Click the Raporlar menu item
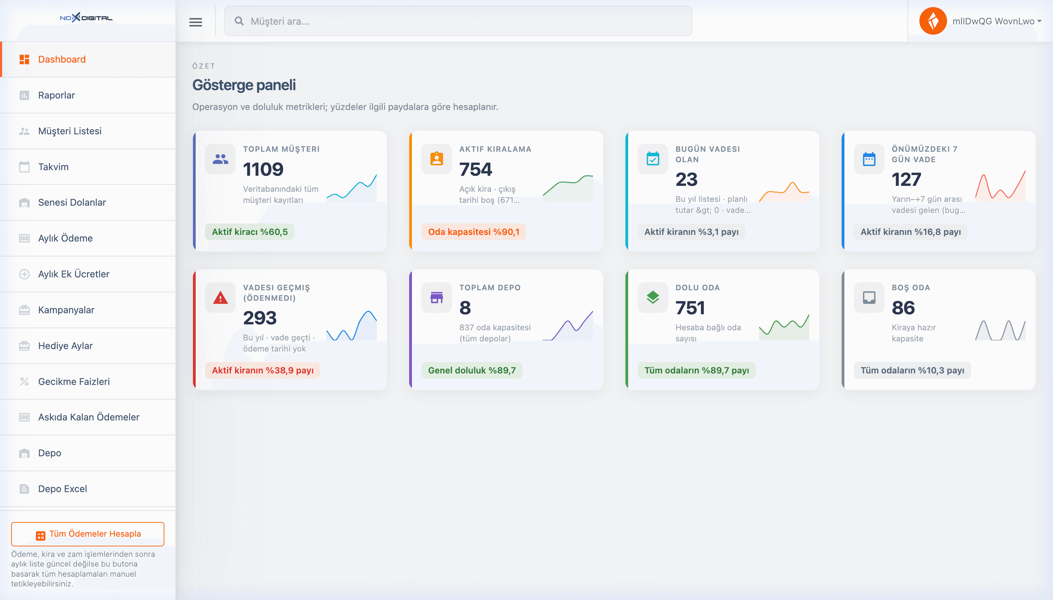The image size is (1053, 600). pos(56,95)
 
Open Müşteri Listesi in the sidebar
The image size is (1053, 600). pos(70,131)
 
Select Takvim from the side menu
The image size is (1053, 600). pos(53,167)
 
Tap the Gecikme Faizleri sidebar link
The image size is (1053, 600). pos(74,381)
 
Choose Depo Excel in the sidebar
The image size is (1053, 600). pos(62,489)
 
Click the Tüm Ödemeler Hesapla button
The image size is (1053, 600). pos(88,534)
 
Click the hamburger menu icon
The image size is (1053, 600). pos(196,22)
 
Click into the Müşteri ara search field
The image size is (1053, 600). pos(458,21)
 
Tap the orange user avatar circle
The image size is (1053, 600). pos(933,21)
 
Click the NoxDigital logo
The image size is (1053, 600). pos(86,18)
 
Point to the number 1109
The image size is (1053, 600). pos(263,169)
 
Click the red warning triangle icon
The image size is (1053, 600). pos(220,298)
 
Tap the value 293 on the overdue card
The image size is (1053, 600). pos(260,318)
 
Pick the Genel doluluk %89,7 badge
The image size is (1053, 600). pos(472,370)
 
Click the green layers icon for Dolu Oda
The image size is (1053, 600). pos(653,297)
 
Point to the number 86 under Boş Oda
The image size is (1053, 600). pos(903,308)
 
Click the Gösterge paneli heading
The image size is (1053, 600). pos(244,85)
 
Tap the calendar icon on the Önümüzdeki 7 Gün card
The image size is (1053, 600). pos(869,159)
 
